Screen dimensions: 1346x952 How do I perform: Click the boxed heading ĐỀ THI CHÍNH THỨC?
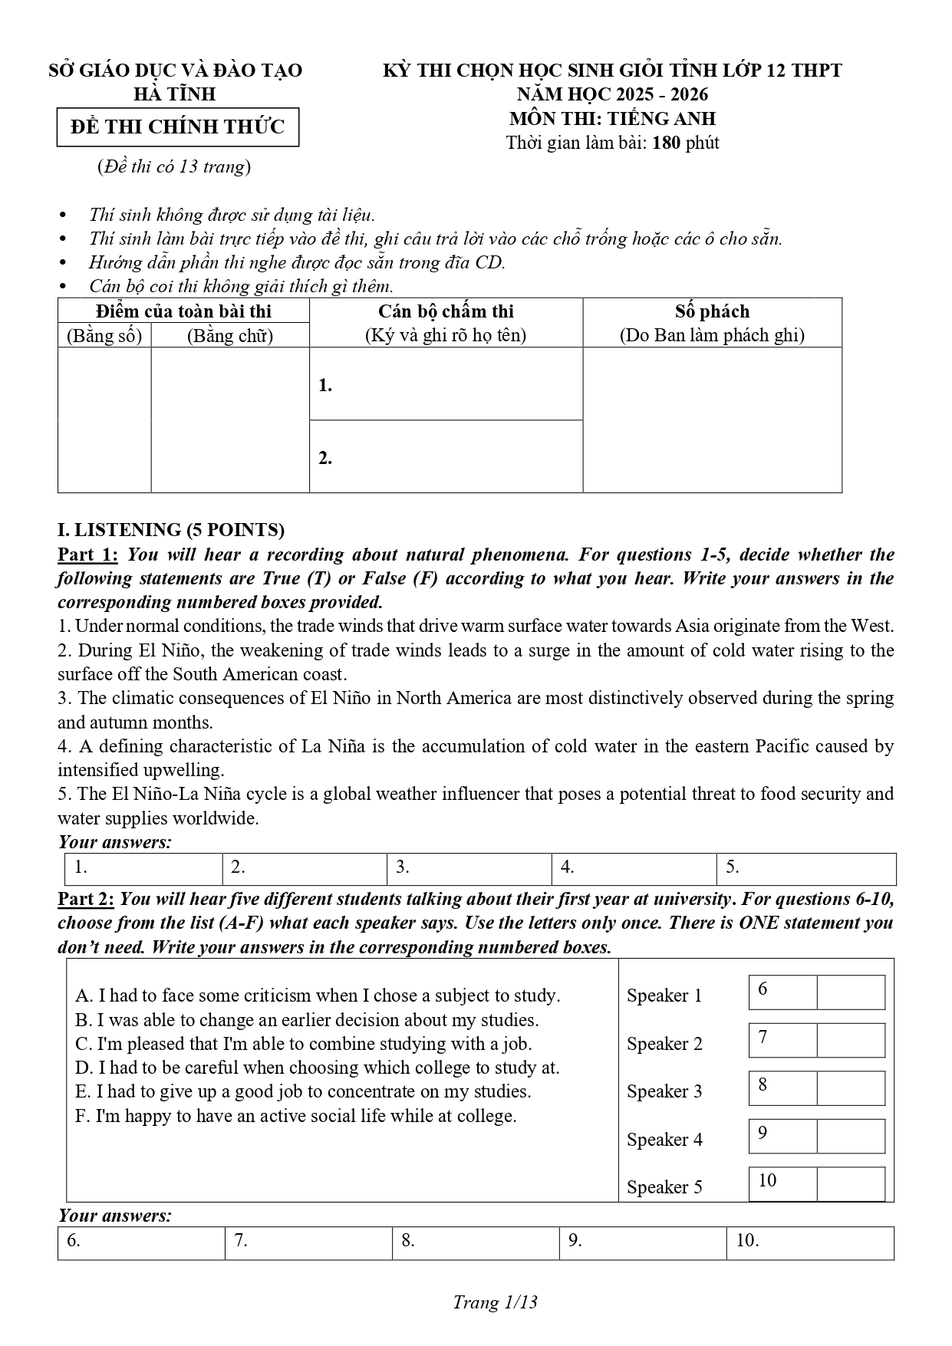point(177,127)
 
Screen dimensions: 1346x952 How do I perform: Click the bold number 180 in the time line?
point(666,143)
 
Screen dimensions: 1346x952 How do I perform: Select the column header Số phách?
point(712,311)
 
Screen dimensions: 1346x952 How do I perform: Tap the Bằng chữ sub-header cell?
point(230,335)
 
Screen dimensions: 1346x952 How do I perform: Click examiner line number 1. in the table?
point(325,385)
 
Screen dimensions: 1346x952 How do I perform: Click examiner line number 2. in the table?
point(325,458)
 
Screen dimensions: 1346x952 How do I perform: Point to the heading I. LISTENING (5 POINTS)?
point(171,530)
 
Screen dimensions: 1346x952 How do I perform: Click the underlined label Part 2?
point(87,898)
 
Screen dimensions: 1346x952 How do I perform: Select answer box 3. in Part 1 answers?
point(469,869)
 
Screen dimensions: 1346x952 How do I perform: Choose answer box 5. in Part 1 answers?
point(805,869)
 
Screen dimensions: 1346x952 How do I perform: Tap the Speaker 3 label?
point(664,1091)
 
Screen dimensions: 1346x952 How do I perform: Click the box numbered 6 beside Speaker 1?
point(782,992)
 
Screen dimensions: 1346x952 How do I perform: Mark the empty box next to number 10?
point(851,1183)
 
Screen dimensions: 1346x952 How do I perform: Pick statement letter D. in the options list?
point(84,1068)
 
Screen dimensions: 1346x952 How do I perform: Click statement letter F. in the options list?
point(83,1116)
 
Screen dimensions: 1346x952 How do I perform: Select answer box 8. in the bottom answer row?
point(476,1243)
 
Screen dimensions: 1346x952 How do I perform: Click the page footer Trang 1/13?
point(495,1302)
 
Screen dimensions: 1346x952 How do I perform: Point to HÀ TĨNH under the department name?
point(175,94)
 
